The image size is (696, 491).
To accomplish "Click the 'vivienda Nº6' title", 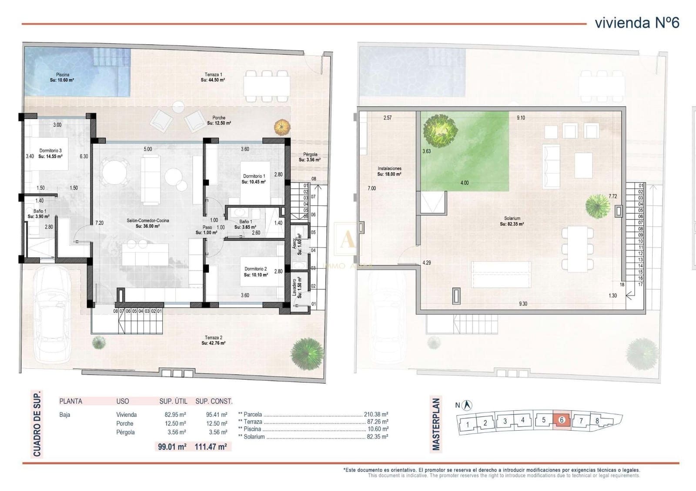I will click(636, 23).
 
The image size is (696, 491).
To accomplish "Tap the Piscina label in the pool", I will click(62, 77).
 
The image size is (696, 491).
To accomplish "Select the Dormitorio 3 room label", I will click(50, 153).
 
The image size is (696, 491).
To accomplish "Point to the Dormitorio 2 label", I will click(256, 272).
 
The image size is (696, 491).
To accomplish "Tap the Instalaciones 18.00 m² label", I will click(389, 171).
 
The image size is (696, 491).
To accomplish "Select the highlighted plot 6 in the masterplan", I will click(562, 420).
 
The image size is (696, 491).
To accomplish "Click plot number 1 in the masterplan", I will click(468, 424).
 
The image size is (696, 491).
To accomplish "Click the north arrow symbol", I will click(468, 405).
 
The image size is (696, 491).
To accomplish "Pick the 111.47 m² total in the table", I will click(211, 447).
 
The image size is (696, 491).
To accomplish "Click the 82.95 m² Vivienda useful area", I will click(173, 415).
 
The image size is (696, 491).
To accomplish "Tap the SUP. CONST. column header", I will click(214, 401).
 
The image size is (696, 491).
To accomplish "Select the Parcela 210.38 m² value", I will click(375, 415).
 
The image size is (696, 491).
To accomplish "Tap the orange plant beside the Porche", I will click(282, 127).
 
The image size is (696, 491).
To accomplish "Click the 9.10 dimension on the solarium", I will click(520, 118).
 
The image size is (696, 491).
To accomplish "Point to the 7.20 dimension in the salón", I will click(100, 223).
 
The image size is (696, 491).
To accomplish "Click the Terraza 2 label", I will click(214, 340).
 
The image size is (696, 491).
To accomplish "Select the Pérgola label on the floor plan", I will click(310, 157).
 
